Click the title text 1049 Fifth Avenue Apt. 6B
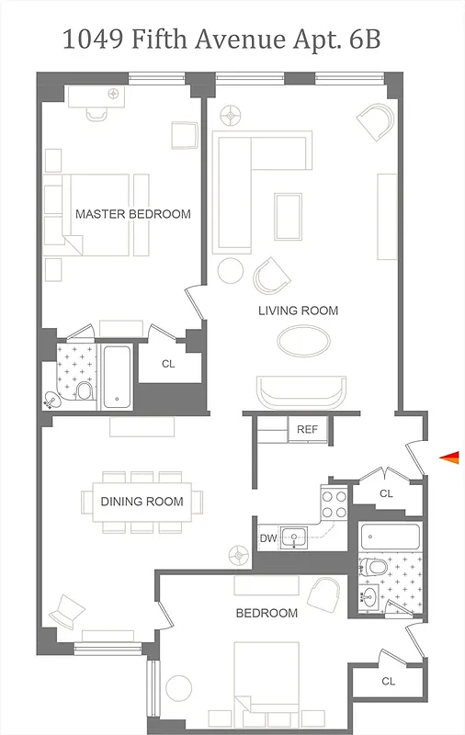pos(221,40)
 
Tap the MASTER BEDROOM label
pos(133,214)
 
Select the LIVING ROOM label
pos(298,311)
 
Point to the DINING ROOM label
pos(142,502)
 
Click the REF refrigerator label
pos(306,429)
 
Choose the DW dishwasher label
pos(267,538)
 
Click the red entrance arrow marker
pos(448,457)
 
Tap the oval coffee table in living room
pos(304,342)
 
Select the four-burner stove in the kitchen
pos(334,503)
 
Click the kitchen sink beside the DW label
pos(296,537)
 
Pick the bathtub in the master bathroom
pos(117,377)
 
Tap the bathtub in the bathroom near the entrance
pos(390,537)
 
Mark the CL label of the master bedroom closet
pos(168,364)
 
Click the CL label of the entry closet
pos(386,493)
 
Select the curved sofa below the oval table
pos(302,392)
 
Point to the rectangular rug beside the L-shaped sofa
pos(289,213)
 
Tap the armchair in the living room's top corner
pos(376,121)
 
